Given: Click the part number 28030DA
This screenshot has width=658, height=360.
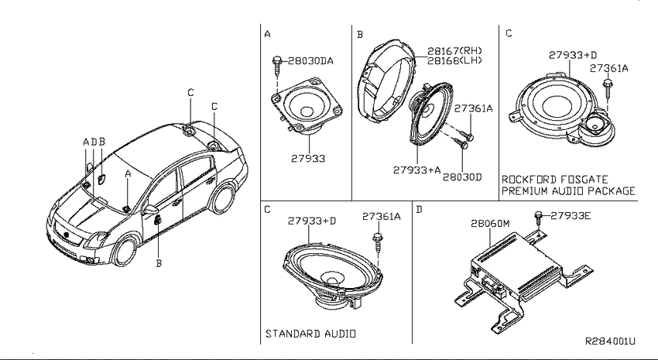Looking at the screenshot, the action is click(310, 61).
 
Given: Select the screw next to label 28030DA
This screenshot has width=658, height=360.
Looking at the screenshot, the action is click(277, 66).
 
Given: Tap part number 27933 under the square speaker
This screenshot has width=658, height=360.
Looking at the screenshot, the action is click(308, 159).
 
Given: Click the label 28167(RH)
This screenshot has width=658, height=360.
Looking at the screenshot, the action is click(454, 51).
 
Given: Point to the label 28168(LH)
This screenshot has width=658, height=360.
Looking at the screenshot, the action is click(454, 60).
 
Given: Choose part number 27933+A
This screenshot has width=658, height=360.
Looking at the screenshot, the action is click(416, 170).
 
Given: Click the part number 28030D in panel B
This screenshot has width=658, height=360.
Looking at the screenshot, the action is click(462, 177).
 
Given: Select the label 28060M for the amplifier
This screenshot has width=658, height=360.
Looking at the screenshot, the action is click(490, 224).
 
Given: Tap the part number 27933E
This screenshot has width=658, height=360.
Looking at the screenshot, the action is click(571, 216).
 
